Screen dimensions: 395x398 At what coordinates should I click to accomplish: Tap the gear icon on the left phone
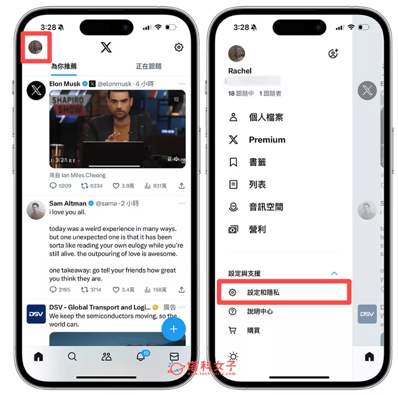179,47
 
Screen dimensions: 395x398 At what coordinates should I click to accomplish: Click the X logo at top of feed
106,47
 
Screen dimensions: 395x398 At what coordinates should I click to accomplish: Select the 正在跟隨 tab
148,67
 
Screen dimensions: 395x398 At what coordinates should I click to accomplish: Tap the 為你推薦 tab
63,67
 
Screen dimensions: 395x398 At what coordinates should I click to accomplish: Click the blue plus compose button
173,328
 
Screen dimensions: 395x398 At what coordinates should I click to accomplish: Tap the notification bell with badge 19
141,357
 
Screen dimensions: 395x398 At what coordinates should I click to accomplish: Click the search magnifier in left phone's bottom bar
72,357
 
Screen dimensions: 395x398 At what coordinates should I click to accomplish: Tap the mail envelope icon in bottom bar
174,357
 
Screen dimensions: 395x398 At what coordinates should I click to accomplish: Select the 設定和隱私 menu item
263,293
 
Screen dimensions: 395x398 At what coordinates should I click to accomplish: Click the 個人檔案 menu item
266,117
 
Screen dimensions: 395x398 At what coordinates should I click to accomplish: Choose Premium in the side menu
267,140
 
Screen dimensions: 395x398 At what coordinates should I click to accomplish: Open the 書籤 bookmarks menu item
257,162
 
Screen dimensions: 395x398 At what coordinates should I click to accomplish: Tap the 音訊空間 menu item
266,207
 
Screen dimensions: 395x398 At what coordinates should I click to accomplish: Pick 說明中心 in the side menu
260,311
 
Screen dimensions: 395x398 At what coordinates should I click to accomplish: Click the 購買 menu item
253,330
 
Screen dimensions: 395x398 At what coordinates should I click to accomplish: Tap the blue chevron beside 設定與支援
334,273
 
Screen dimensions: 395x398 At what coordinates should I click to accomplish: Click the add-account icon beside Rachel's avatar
333,54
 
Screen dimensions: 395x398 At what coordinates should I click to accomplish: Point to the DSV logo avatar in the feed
36,314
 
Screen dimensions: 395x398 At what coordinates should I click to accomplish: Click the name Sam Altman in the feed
67,203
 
